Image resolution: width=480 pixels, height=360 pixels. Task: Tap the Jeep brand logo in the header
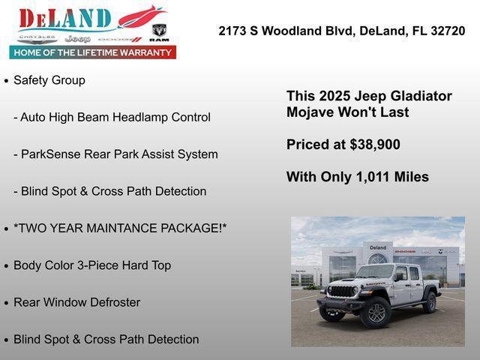pyautogui.click(x=77, y=39)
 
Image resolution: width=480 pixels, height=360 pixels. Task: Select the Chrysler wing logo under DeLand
pyautogui.click(x=37, y=37)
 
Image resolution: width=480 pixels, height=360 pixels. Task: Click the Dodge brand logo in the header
pyautogui.click(x=119, y=39)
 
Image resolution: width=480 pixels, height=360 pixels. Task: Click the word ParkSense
pyautogui.click(x=49, y=154)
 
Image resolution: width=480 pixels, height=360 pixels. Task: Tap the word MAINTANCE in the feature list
pyautogui.click(x=118, y=228)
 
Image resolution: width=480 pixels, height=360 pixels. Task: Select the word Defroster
pyautogui.click(x=113, y=302)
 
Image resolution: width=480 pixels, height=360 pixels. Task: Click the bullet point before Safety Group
pyautogui.click(x=7, y=80)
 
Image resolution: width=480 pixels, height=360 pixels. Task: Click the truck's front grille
pyautogui.click(x=341, y=292)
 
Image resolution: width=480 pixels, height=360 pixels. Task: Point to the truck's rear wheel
pyautogui.click(x=430, y=301)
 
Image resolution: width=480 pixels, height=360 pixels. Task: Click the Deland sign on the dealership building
pyautogui.click(x=378, y=247)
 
